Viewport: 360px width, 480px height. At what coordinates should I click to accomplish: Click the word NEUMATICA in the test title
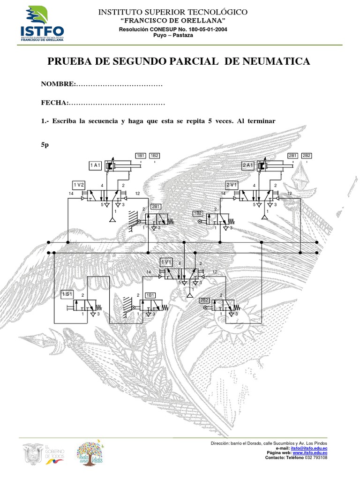click(x=276, y=61)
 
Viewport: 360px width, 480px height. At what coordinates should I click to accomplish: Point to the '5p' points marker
click(x=45, y=145)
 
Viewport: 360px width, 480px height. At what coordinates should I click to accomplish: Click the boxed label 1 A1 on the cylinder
click(x=96, y=165)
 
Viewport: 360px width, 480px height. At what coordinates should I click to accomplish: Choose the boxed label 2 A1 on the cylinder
click(x=248, y=165)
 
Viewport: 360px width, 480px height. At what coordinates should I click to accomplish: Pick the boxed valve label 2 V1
click(x=232, y=184)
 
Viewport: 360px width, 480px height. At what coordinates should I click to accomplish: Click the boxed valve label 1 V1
click(x=166, y=262)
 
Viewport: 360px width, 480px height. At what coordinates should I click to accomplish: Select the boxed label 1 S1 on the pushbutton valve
click(x=67, y=294)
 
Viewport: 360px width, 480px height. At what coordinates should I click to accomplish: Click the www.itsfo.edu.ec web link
click(x=310, y=453)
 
